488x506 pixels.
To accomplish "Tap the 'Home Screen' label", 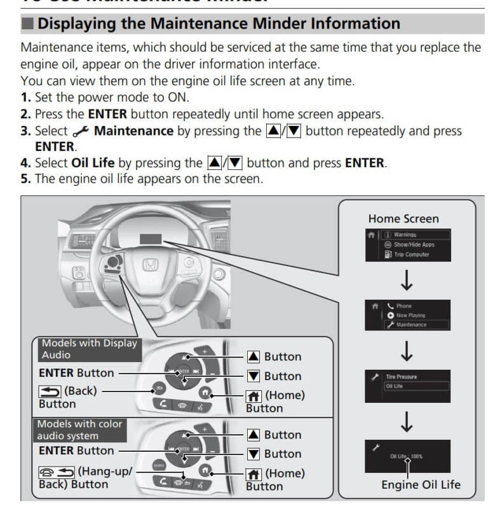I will [403, 218].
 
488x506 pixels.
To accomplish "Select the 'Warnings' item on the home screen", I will [405, 235].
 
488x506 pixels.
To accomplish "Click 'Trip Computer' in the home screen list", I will [411, 255].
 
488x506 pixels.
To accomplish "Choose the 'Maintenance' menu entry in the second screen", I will [411, 325].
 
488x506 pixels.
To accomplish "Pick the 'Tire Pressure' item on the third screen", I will [402, 377].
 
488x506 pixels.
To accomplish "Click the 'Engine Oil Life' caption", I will [421, 485].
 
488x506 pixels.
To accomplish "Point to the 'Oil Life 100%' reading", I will [407, 456].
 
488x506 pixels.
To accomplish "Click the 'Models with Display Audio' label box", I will [90, 349].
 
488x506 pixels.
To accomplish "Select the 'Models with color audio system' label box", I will [80, 430].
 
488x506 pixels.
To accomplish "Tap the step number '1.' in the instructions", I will [27, 98].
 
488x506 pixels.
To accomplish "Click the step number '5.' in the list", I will [27, 179].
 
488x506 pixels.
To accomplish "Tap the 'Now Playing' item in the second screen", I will [410, 315].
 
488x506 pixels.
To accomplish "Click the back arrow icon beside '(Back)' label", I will [50, 391].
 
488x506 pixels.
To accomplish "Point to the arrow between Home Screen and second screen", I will [407, 280].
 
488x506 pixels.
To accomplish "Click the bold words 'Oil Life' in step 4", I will [93, 163].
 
